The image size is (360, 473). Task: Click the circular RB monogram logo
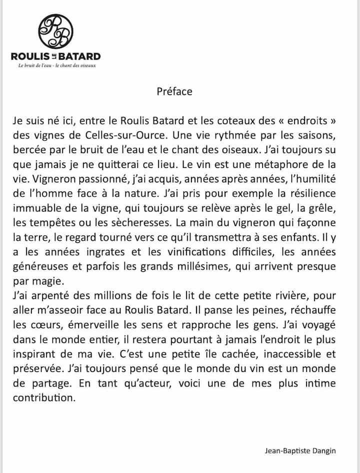click(56, 32)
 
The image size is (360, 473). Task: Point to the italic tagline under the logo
click(56, 65)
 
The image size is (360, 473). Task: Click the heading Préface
click(174, 91)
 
